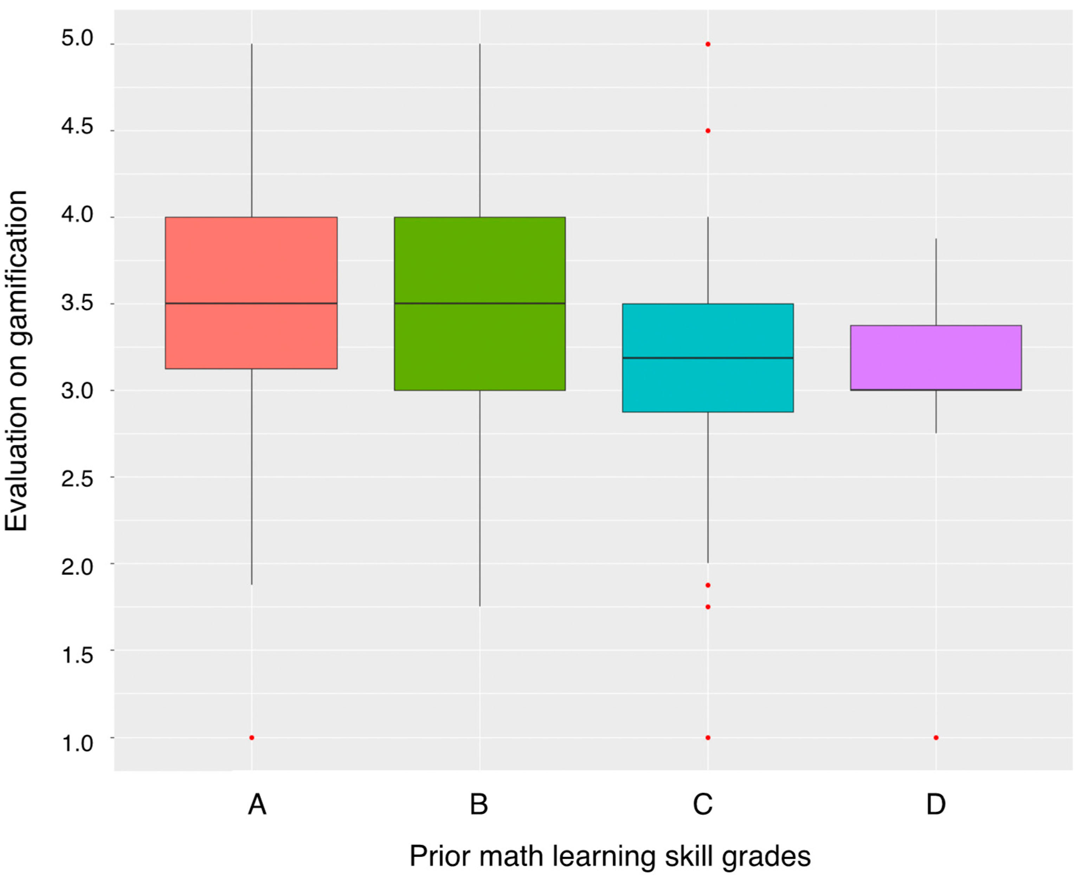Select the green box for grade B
[480, 344]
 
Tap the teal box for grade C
[708, 385]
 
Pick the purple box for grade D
[936, 357]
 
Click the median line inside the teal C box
[708, 358]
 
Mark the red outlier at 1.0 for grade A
[252, 738]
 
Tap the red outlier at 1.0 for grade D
[936, 738]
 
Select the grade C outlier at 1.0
[708, 738]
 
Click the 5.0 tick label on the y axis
[77, 38]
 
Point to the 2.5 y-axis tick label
[77, 478]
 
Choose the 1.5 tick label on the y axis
[77, 655]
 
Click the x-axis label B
[479, 804]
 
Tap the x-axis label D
[936, 804]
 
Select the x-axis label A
[257, 804]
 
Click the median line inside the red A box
[252, 303]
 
